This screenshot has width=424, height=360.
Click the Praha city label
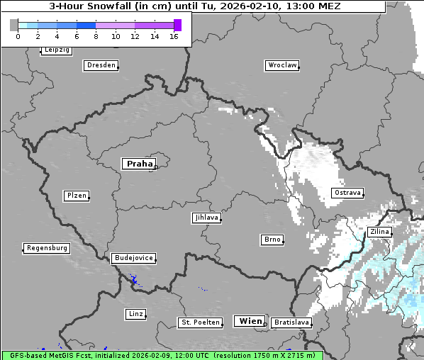(139, 164)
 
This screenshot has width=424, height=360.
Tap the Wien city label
(250, 321)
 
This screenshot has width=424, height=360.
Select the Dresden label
(100, 65)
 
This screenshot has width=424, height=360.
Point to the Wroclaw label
(281, 65)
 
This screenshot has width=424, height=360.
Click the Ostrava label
(347, 193)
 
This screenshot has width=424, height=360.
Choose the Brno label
(272, 240)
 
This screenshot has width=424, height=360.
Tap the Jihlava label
(206, 218)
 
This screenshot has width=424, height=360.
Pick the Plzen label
(76, 196)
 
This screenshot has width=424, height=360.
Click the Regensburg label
(47, 248)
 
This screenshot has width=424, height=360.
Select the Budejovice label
(133, 258)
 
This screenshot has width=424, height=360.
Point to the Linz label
(135, 313)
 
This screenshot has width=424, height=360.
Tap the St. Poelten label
(199, 322)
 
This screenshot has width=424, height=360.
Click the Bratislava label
(291, 322)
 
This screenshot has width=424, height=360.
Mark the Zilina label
(379, 232)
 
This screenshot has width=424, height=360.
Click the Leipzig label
(56, 50)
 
